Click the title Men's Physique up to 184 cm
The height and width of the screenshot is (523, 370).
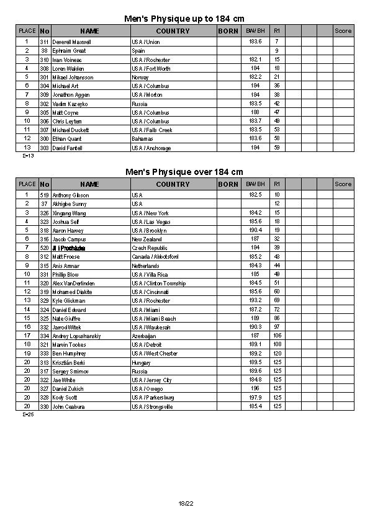click(184, 19)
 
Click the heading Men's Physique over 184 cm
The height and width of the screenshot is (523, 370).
click(184, 172)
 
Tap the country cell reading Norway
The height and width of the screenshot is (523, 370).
click(140, 77)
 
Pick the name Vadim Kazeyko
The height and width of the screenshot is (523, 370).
click(68, 104)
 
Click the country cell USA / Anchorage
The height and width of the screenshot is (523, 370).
click(151, 148)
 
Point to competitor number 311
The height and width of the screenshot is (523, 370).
click(44, 42)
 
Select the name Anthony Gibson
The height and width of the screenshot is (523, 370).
click(70, 195)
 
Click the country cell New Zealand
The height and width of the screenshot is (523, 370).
click(146, 239)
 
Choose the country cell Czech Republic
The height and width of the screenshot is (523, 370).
click(148, 248)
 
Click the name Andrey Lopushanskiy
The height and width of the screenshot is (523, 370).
click(76, 336)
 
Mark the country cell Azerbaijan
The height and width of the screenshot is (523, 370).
click(143, 336)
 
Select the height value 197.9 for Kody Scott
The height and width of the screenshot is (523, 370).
click(255, 398)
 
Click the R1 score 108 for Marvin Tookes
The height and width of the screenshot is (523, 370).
click(277, 345)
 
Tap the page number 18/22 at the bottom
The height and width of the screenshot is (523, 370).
click(186, 503)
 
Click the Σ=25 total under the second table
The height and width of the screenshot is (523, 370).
click(28, 414)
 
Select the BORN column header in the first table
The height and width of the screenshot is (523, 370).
click(228, 30)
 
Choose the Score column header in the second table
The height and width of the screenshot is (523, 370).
click(343, 184)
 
